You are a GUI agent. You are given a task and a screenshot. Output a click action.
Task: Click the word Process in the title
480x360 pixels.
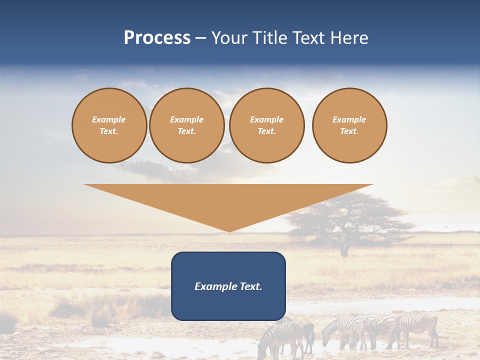[x=157, y=38]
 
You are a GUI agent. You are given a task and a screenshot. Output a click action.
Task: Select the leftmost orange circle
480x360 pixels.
[x=109, y=125]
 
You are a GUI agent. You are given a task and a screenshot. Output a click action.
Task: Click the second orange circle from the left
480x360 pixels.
[x=186, y=125]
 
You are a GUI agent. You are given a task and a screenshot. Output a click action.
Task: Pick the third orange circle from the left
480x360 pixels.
[x=266, y=125]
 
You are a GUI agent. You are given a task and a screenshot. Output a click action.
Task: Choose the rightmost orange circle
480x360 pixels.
[x=349, y=125]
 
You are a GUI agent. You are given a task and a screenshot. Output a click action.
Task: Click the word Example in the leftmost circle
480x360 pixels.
[x=109, y=119]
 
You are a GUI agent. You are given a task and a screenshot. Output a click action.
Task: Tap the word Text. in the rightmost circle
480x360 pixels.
[x=349, y=131]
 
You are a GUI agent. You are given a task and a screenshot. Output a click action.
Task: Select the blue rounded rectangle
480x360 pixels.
[x=228, y=286]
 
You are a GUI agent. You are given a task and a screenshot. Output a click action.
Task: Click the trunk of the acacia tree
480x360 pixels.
[x=344, y=248]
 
